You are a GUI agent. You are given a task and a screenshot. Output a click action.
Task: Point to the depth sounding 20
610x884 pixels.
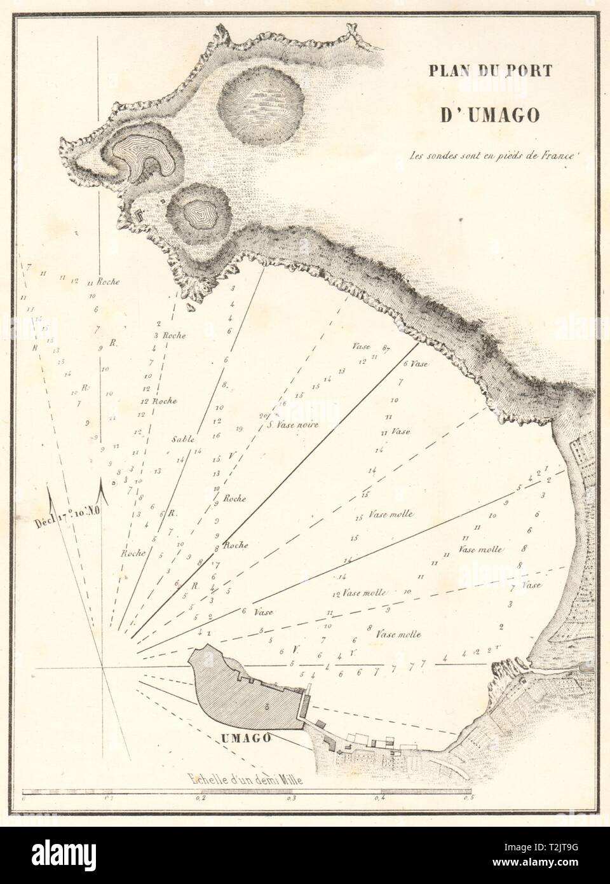pos(263,417)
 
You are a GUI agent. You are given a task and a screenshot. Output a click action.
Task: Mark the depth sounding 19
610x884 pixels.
pos(239,429)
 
